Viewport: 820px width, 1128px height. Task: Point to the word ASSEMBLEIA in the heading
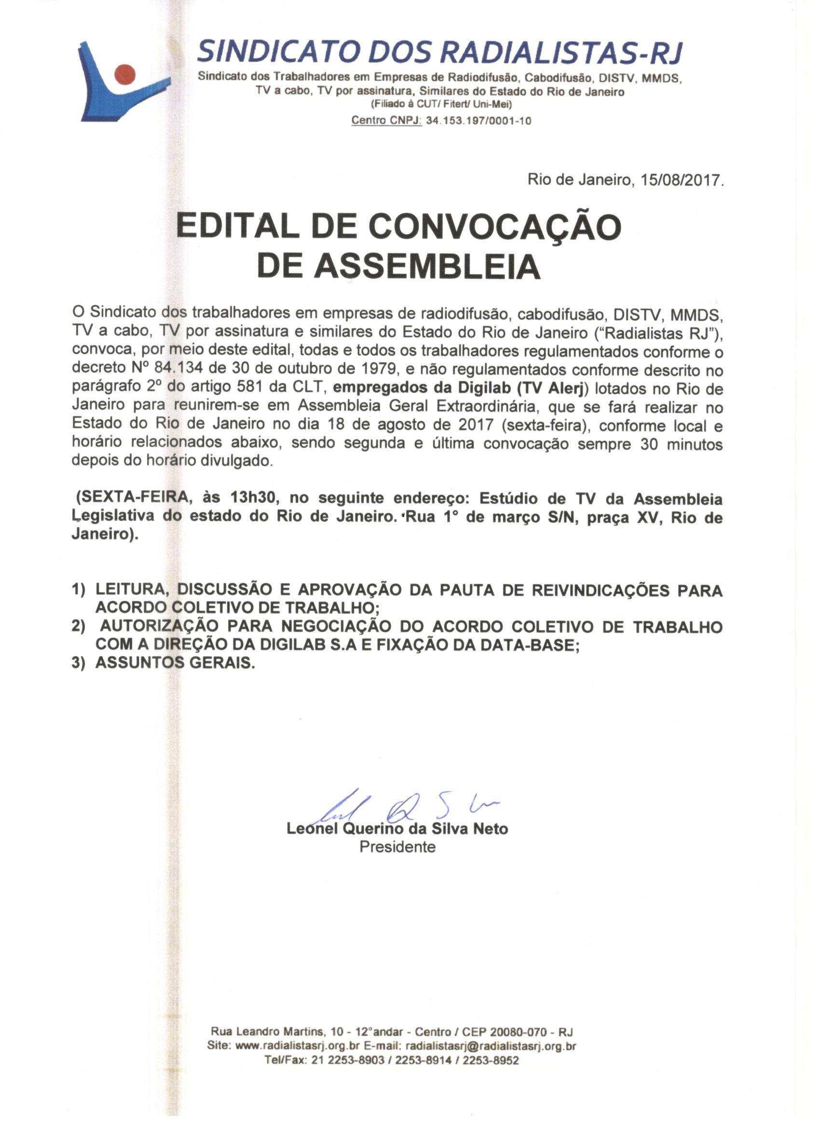pos(428,267)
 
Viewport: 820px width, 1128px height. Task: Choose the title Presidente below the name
pos(397,847)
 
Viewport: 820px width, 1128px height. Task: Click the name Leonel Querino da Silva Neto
pos(397,828)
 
